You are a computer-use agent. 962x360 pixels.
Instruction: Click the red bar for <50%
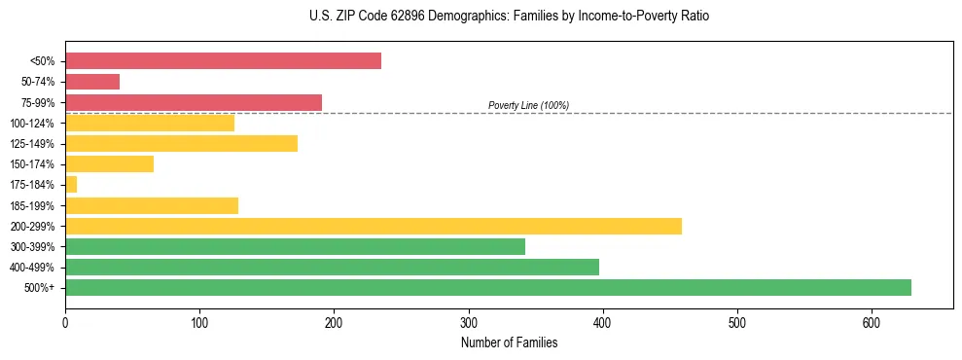pos(223,60)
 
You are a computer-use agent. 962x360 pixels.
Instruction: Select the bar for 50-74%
pos(92,82)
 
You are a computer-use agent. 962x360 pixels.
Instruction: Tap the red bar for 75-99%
pos(193,102)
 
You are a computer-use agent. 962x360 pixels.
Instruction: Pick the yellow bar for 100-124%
pos(150,123)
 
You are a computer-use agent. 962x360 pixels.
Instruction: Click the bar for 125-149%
pos(181,143)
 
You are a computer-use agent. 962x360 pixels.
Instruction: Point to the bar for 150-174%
pos(109,163)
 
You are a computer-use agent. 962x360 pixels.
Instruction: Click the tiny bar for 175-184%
pos(71,185)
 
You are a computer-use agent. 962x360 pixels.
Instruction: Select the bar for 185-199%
pos(152,205)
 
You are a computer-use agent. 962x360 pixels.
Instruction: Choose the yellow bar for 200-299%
pos(373,226)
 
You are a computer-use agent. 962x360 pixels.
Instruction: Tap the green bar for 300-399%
pos(295,246)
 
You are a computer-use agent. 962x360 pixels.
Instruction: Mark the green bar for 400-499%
pos(332,267)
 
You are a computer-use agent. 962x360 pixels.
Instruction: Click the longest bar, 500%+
pos(487,287)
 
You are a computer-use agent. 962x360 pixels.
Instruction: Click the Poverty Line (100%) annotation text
pos(528,105)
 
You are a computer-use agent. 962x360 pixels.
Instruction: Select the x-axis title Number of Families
pos(509,342)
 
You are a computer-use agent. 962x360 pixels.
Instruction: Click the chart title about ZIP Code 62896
pos(509,17)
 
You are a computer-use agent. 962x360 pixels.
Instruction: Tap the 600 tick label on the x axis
pos(872,321)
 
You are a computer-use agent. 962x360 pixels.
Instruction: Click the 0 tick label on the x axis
pos(65,321)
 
